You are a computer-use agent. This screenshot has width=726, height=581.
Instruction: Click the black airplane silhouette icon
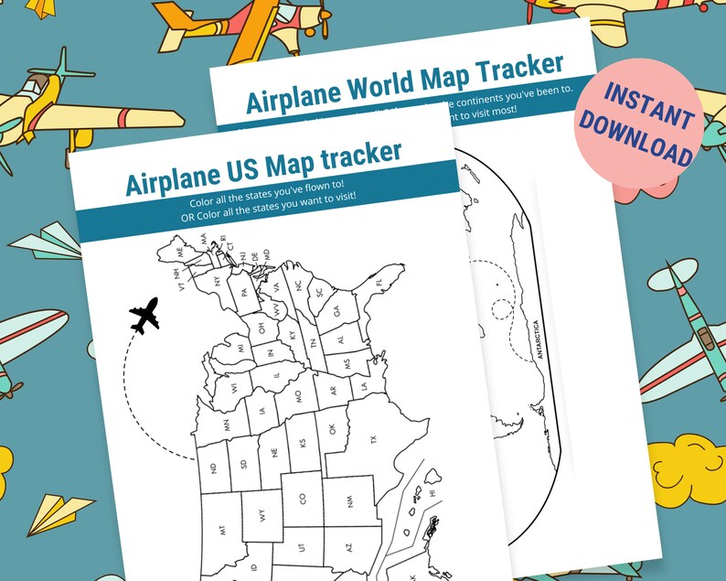144,316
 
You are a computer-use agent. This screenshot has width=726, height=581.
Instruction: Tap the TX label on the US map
372,440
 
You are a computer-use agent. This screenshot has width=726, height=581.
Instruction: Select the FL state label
380,284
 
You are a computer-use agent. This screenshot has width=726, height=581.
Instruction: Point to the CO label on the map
303,500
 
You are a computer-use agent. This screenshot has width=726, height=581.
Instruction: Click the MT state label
222,530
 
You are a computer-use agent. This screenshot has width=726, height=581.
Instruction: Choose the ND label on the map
213,468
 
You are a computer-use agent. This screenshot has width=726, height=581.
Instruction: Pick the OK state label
333,427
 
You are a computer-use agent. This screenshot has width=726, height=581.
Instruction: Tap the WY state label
263,515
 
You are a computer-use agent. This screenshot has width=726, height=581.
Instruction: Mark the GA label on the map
336,311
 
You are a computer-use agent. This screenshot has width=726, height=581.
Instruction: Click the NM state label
350,500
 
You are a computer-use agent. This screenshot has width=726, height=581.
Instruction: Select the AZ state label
348,546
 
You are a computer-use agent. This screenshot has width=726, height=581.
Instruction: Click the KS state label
303,447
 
